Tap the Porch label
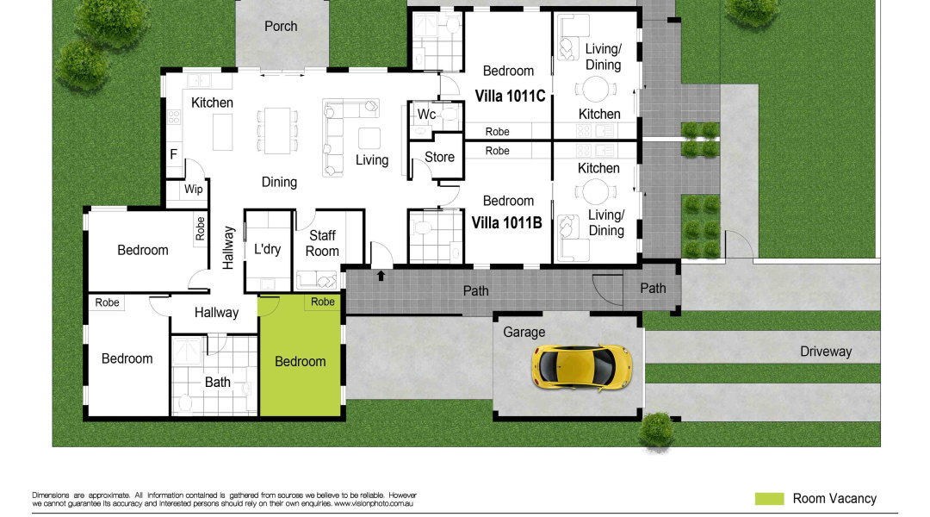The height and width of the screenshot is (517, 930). pos(281,27)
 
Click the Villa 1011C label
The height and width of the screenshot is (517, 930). pos(511,97)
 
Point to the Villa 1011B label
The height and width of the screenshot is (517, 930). pos(506,223)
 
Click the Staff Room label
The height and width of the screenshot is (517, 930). pos(322,243)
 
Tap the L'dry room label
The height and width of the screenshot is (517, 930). pos(267,250)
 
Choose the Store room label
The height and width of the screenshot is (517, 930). pos(439,158)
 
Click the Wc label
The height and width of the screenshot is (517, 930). pos(426,115)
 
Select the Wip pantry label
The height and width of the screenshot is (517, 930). pos(194,190)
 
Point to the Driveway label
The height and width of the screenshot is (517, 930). pos(826,352)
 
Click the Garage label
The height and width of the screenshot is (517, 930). pos(524,332)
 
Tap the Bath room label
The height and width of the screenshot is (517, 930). pos(218,382)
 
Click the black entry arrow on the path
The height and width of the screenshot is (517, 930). pos(381,276)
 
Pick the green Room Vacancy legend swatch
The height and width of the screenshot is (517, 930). pos(769,499)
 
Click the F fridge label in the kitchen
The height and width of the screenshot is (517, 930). pos(173,155)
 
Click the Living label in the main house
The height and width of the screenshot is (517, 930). pos(372,160)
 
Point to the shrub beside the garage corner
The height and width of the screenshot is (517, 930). pos(657,428)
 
